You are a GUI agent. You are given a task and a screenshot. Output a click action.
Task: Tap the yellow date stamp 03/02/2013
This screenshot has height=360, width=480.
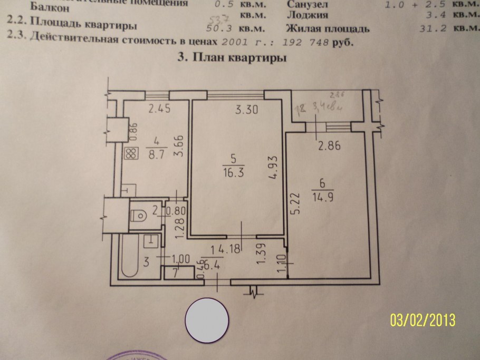tap(423, 320)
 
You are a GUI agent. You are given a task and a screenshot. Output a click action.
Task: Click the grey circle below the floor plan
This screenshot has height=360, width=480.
tap(207, 319)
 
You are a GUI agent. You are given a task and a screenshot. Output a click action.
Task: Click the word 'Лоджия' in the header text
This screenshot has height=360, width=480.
tap(307, 16)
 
